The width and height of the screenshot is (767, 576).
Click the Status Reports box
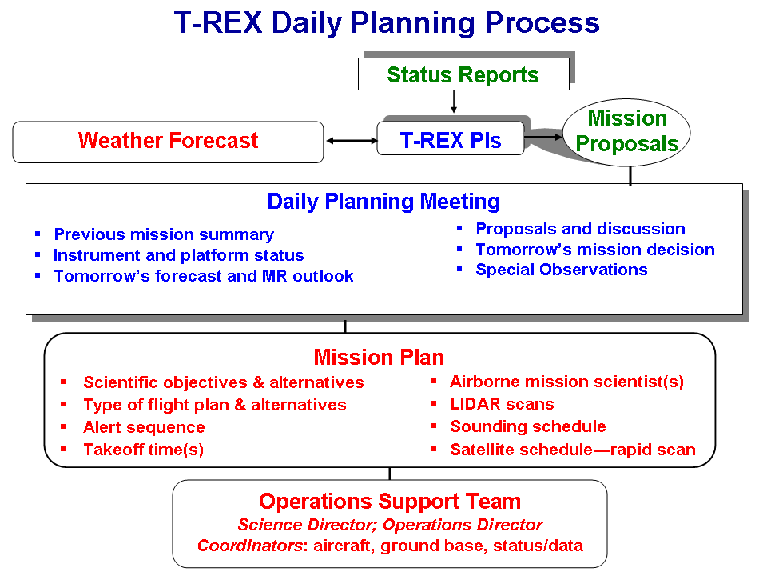point(463,74)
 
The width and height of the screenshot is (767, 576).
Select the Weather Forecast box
point(168,142)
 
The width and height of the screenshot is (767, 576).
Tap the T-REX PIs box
point(450,138)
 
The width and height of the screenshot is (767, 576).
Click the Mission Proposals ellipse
point(626,132)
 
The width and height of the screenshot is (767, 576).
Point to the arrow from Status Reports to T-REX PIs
point(454,102)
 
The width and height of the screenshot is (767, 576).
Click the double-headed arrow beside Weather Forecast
point(352,141)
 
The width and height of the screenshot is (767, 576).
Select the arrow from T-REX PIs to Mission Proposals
point(543,137)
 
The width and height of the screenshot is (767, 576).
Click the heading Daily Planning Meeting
point(383,202)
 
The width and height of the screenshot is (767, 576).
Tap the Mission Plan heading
point(379,357)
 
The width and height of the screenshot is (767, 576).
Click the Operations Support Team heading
point(389,502)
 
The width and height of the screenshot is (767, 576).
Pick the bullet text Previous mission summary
point(164,234)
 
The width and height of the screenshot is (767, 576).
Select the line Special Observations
point(562,270)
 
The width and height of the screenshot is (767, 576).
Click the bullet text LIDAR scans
point(502,404)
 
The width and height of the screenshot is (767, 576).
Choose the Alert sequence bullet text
point(144,427)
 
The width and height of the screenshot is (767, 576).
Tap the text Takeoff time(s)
point(143,450)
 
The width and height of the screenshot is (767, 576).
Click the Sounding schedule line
point(528,426)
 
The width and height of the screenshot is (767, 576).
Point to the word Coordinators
point(249,546)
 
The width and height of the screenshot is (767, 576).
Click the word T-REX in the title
point(218,22)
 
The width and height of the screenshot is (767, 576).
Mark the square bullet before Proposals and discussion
point(459,228)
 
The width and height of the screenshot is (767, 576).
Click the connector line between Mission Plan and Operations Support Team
point(390,474)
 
